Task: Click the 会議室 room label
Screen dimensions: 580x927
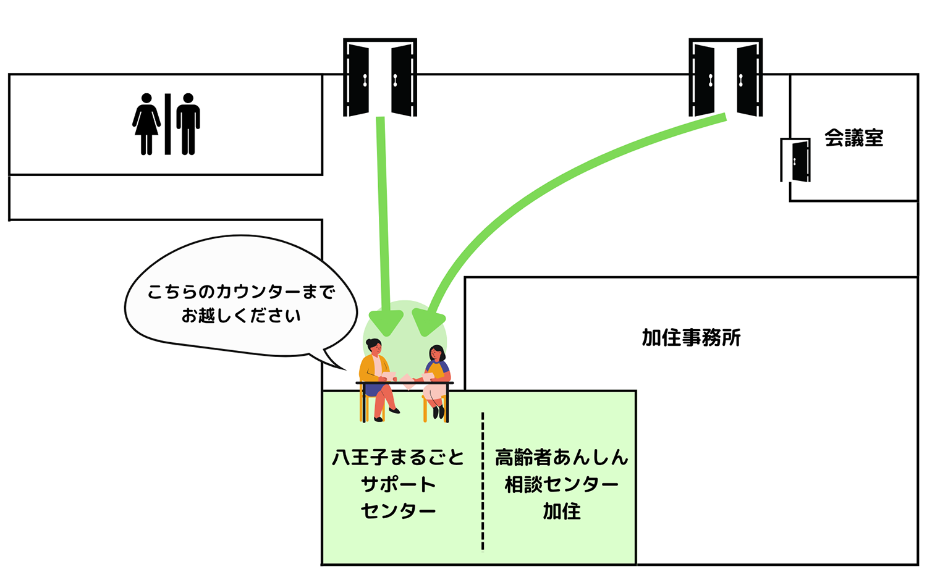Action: [853, 138]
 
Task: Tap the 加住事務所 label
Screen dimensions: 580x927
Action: [691, 338]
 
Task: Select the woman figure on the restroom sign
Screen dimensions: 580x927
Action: [146, 124]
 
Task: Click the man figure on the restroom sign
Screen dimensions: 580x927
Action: [188, 124]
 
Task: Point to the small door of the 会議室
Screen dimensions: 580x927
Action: [797, 161]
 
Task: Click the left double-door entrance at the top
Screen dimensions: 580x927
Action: [379, 78]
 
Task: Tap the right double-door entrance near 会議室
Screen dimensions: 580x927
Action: [726, 78]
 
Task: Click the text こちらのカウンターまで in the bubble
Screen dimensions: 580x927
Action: [241, 292]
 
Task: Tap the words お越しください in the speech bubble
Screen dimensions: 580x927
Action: [241, 316]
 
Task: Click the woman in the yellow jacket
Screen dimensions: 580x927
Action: [376, 377]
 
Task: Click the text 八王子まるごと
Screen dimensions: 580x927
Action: [398, 458]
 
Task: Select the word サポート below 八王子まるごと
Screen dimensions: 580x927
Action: [398, 485]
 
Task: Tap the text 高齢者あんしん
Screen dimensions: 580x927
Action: [561, 458]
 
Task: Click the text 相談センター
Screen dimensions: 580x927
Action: [561, 485]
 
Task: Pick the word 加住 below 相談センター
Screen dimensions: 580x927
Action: [561, 511]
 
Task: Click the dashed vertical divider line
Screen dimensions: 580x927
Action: [483, 482]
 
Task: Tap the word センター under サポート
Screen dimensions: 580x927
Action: [398, 511]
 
